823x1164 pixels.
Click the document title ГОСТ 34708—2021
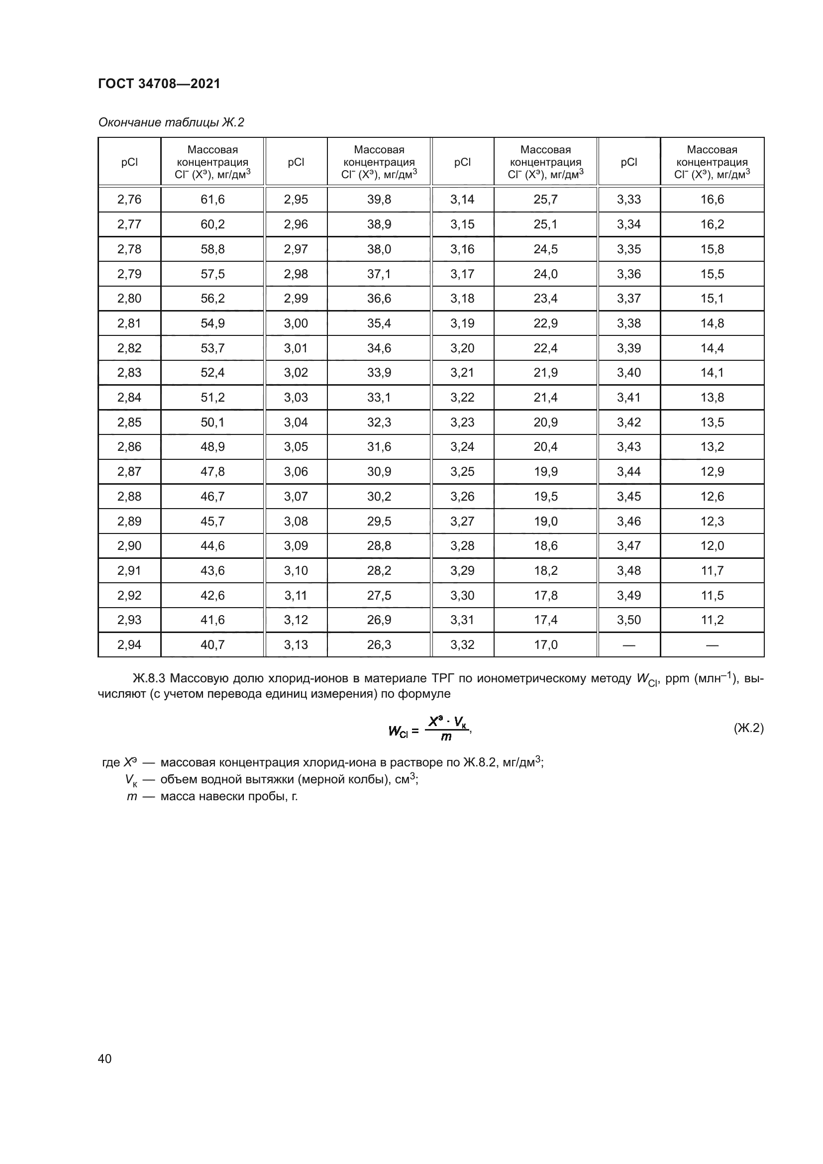pyautogui.click(x=159, y=84)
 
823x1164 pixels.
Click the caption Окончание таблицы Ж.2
pyautogui.click(x=171, y=122)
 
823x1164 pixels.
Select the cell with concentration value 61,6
pyautogui.click(x=212, y=200)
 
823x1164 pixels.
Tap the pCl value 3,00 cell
pyautogui.click(x=296, y=323)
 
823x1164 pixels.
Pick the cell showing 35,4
pyautogui.click(x=379, y=323)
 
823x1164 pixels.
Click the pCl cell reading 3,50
pyautogui.click(x=629, y=620)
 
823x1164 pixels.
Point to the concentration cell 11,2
pyautogui.click(x=712, y=620)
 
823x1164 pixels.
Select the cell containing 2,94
pyautogui.click(x=129, y=645)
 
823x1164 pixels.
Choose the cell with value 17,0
pyautogui.click(x=545, y=645)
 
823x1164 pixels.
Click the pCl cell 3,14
pyautogui.click(x=462, y=200)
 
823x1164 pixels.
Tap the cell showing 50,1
pyautogui.click(x=212, y=423)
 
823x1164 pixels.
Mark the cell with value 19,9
pyautogui.click(x=545, y=472)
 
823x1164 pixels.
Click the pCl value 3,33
pyautogui.click(x=629, y=200)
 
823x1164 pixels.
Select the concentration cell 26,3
pyautogui.click(x=379, y=645)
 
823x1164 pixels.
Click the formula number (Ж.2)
pyautogui.click(x=748, y=729)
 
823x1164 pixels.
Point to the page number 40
pyautogui.click(x=105, y=1058)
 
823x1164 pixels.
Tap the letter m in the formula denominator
pyautogui.click(x=446, y=737)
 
